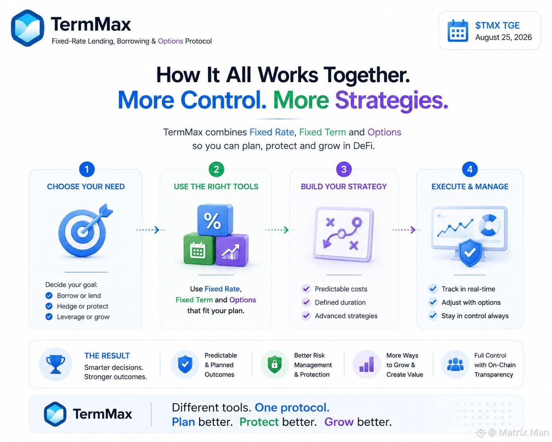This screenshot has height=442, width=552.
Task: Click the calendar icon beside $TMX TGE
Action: pos(458,31)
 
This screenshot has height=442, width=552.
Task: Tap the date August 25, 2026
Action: pos(503,37)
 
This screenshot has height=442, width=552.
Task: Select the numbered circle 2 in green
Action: pos(216,169)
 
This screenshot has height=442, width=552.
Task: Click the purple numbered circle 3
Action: pos(344,169)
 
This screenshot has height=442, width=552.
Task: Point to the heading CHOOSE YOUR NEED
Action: pos(86,187)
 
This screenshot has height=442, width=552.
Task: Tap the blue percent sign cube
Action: pos(215,220)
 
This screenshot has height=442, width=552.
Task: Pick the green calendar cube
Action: pos(199,249)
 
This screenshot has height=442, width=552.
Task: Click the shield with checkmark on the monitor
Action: pos(470,253)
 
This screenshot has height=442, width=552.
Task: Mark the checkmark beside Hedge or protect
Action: pos(49,306)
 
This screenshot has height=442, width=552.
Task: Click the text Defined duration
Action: pos(340,303)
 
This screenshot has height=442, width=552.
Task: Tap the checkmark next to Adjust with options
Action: pos(433,303)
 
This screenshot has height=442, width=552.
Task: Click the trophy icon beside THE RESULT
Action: pos(56,364)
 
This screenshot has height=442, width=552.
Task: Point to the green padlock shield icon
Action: pos(274,364)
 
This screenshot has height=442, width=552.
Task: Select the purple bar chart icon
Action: pos(367,364)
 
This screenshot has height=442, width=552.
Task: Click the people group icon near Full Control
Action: pos(455,364)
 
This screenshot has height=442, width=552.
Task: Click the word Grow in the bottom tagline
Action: pos(339,422)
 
